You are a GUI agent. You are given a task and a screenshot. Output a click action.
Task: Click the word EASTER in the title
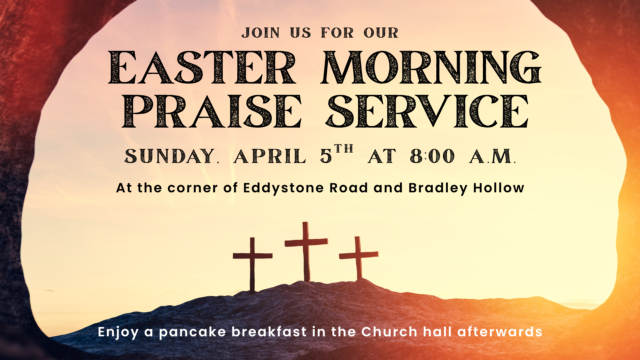(x=202, y=68)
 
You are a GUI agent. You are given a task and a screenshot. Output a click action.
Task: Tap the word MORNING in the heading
(x=431, y=68)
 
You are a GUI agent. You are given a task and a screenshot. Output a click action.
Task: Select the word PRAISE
(x=212, y=112)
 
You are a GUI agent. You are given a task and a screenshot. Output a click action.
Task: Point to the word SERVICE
(x=427, y=112)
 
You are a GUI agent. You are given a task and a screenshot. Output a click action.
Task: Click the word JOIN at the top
(x=261, y=33)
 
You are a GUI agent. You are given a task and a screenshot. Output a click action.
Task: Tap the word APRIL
(x=269, y=156)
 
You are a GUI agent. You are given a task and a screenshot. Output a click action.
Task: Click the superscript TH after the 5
(x=344, y=149)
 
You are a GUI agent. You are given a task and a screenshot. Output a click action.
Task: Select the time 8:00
(x=432, y=156)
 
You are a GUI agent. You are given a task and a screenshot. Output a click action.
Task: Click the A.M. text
(x=492, y=156)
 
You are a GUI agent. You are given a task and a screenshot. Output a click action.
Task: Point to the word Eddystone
(x=283, y=188)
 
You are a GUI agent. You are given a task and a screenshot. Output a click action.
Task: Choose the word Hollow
(x=499, y=188)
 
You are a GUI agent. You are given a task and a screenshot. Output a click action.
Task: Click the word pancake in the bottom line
(x=192, y=332)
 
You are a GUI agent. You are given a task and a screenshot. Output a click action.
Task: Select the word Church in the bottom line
(x=389, y=332)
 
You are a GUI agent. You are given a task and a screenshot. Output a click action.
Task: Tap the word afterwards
(x=500, y=332)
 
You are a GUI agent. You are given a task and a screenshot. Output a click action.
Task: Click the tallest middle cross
(x=306, y=257)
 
